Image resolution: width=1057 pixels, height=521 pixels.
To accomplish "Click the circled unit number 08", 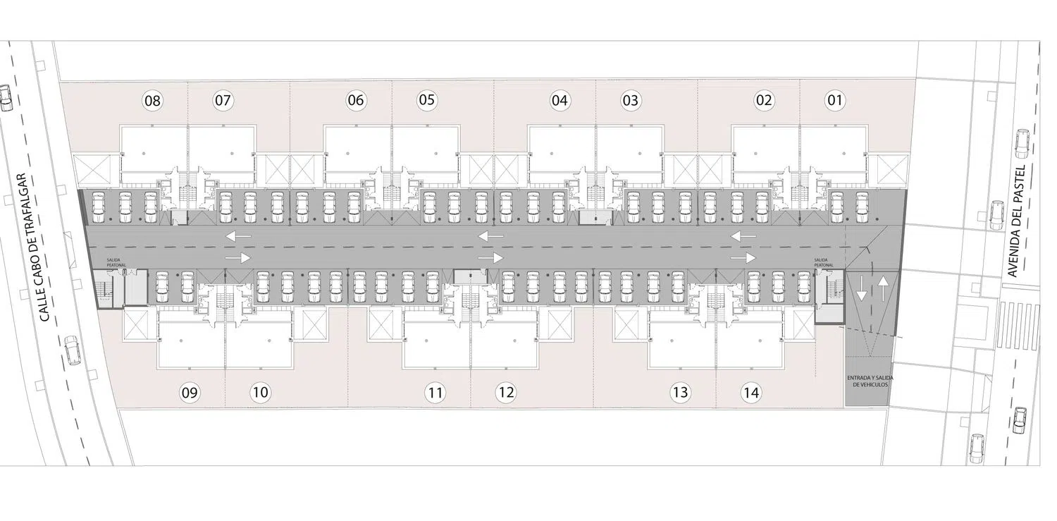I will coord(152,101).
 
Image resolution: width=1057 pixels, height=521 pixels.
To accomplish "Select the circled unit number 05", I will coord(426,100).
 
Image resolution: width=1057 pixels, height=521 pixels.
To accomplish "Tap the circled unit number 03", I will coord(630,101).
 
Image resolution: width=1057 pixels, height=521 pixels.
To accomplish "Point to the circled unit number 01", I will coord(834,100).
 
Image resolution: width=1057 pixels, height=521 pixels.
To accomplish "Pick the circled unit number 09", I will coord(190,393).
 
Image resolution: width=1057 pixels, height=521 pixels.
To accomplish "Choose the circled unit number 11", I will coord(435,393).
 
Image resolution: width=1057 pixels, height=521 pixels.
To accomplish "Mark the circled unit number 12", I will coord(505,393).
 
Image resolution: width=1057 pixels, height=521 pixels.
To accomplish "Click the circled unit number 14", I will coord(751,393).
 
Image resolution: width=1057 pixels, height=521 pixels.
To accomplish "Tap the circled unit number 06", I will coord(356,101).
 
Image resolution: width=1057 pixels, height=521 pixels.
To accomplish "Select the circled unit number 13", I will coord(680,393).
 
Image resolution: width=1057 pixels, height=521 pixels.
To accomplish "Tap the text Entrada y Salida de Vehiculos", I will coord(867,382).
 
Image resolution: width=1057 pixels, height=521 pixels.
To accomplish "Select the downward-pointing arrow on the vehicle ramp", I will coord(861,287).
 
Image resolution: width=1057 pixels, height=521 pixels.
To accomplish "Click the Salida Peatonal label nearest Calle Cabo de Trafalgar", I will coord(116,262).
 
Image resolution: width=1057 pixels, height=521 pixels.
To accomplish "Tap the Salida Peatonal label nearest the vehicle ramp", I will coord(823,262).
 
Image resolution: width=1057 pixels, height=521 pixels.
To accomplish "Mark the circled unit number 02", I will coord(764,101).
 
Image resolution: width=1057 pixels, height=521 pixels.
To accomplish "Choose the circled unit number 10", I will coord(260,393).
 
